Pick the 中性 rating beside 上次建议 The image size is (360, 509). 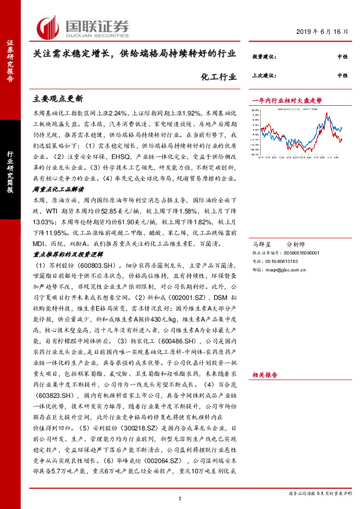point(342,76)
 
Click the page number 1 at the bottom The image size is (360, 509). point(180,498)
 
